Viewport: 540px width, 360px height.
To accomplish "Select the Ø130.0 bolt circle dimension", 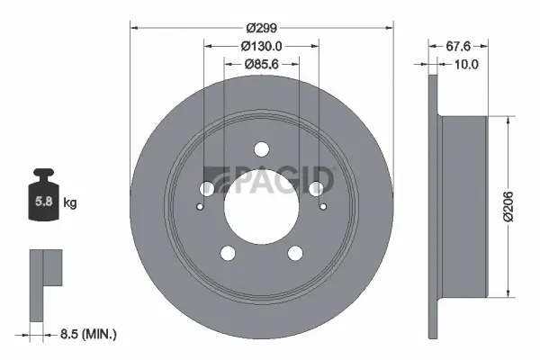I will coord(261,45).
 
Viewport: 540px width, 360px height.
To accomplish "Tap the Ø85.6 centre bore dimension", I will coord(261,64).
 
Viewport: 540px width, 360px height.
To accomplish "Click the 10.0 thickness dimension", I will coord(465,64).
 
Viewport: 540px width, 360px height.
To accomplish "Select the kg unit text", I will coord(70,203).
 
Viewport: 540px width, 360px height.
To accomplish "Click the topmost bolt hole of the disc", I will coord(261,149).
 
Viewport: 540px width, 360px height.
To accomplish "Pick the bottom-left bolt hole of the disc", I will coord(228,253).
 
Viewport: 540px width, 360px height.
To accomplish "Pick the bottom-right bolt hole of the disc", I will coord(294,253).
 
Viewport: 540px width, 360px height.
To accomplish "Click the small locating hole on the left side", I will coord(201,205).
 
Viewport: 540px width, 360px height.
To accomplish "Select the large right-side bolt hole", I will coord(315,189).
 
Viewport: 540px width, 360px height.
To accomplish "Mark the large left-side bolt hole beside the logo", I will coord(207,189).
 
